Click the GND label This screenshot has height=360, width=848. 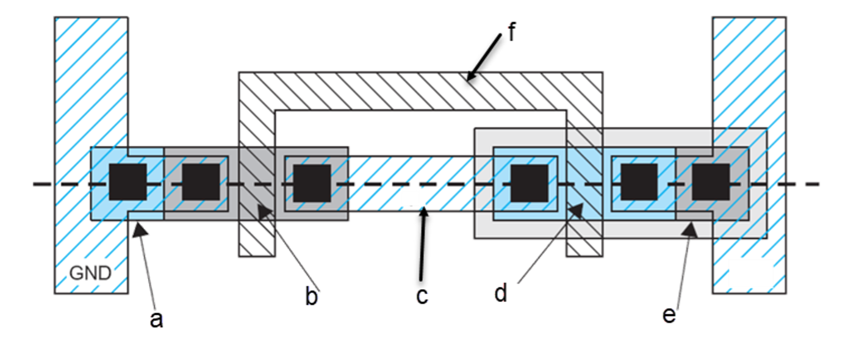[90, 273]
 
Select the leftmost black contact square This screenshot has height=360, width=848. [128, 182]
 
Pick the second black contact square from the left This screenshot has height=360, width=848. [201, 182]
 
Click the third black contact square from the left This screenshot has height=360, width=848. [312, 182]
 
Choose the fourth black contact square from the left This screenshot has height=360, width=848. [529, 182]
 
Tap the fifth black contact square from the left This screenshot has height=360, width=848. [639, 182]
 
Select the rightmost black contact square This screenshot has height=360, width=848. [711, 182]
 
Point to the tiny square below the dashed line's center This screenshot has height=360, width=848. [411, 198]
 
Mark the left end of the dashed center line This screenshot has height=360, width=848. [34, 184]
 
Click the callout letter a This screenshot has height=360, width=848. [157, 320]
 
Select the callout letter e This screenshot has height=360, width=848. [669, 316]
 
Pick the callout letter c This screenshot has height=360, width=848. [422, 297]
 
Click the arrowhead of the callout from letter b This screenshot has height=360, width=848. [262, 209]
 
